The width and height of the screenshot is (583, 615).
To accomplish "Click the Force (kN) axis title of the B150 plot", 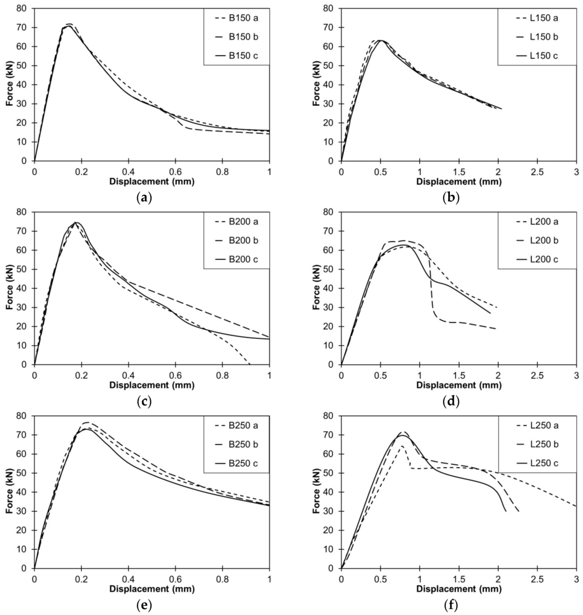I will (x=10, y=84).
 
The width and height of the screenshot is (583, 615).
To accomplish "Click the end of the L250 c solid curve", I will (x=506, y=511).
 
